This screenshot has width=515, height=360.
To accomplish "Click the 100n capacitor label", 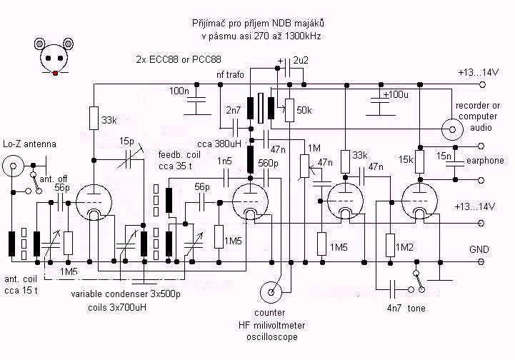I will click(x=180, y=91).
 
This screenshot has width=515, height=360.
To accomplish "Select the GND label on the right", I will click(x=479, y=251).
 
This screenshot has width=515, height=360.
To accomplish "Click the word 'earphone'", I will click(x=490, y=161).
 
